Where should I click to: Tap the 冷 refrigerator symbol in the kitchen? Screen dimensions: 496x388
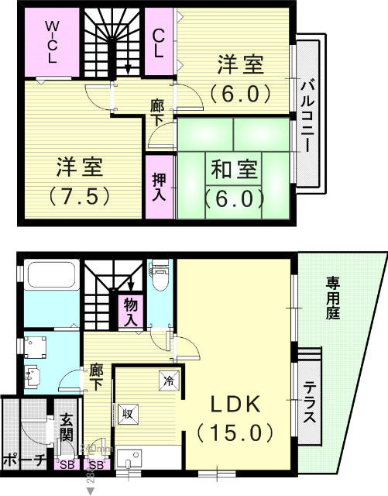(168, 380)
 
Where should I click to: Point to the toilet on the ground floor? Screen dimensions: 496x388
(160, 278)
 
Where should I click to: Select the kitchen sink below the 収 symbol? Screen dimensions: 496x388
(128, 457)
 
